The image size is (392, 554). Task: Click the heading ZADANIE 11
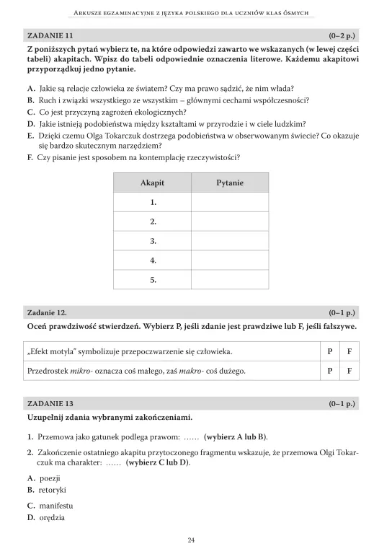click(x=50, y=35)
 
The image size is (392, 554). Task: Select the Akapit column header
click(x=152, y=183)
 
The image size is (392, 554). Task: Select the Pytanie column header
click(x=230, y=183)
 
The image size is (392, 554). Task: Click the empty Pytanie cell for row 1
click(x=230, y=203)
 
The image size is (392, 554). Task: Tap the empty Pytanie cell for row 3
click(x=230, y=241)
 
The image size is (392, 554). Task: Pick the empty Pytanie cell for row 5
click(x=230, y=279)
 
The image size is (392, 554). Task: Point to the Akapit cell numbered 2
click(x=153, y=221)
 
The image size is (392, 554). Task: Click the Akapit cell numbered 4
click(x=153, y=260)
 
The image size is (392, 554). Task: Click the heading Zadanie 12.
click(x=48, y=312)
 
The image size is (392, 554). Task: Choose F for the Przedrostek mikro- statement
click(x=349, y=371)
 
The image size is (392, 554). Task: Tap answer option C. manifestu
click(x=50, y=506)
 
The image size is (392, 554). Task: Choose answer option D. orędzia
click(x=46, y=517)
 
